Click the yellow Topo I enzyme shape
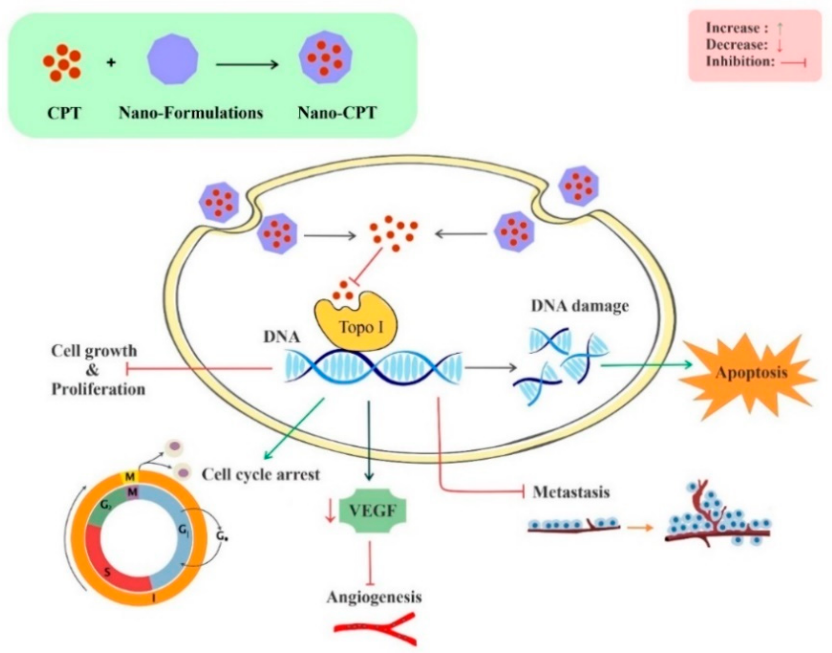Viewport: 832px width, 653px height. pos(355,325)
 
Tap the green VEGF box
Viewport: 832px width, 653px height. pos(373,510)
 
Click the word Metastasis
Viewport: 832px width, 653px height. pos(571,492)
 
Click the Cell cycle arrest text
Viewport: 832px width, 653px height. pos(261,474)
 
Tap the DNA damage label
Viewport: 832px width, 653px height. pos(579,306)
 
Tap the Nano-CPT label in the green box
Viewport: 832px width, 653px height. pos(337,113)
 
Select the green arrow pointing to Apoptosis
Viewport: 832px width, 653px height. pos(646,365)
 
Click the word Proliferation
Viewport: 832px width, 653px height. pos(98,389)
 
